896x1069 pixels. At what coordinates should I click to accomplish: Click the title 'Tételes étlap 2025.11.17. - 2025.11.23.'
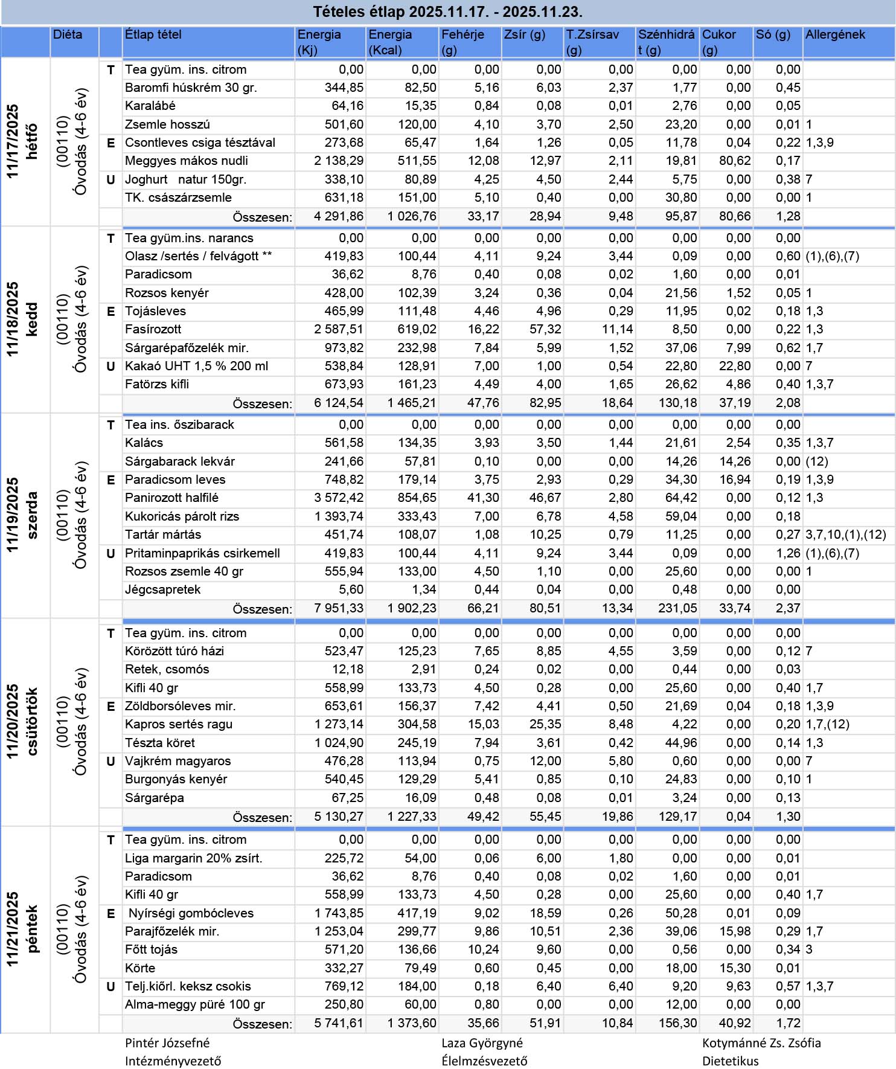pos(447,11)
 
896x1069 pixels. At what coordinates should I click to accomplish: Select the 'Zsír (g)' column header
pos(524,35)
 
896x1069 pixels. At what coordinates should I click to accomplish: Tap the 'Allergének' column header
pos(835,35)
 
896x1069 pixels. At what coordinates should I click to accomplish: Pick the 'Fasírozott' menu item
pos(153,330)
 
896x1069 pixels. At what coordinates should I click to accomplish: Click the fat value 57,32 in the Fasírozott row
pos(545,330)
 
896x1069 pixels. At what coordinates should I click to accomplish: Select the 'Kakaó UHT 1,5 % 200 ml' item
pos(196,367)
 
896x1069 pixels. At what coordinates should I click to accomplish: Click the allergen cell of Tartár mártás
pos(845,535)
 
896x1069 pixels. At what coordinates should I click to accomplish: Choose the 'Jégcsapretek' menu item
pos(162,590)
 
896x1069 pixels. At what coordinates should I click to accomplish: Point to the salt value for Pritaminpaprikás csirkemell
pos(788,554)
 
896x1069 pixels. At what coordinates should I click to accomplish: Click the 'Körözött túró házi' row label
pos(174,651)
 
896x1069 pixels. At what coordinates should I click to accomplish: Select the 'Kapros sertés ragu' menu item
pos(178,725)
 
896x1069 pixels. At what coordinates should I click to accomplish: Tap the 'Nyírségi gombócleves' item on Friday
pos(191,914)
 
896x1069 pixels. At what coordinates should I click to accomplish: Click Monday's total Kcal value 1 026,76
pos(412,216)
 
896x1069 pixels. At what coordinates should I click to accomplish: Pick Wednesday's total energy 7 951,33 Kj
pos(339,609)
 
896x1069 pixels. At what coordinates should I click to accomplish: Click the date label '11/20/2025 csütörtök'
pos(23,722)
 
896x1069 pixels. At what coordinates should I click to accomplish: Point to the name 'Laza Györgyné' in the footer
pos(482,1043)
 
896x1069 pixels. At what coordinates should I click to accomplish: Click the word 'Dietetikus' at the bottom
pos(730,1061)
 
